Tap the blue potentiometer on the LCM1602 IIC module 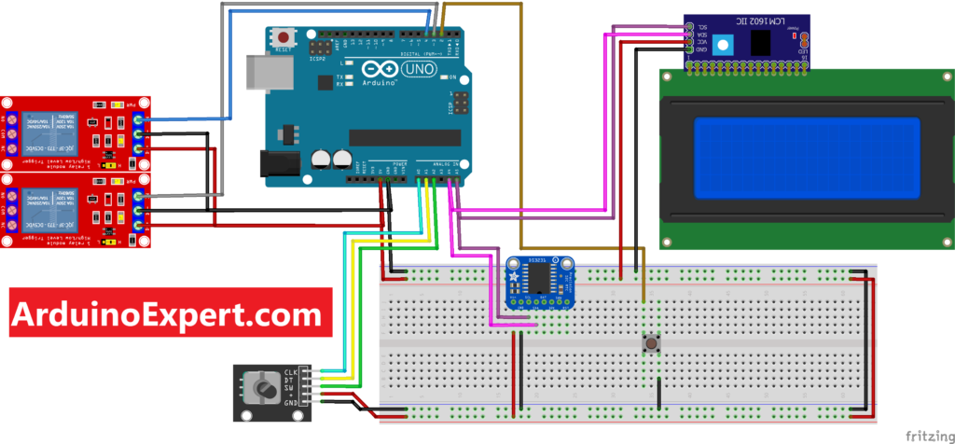[720, 40]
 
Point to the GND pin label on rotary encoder [290, 403]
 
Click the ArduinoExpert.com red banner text [171, 313]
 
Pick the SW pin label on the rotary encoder [290, 393]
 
